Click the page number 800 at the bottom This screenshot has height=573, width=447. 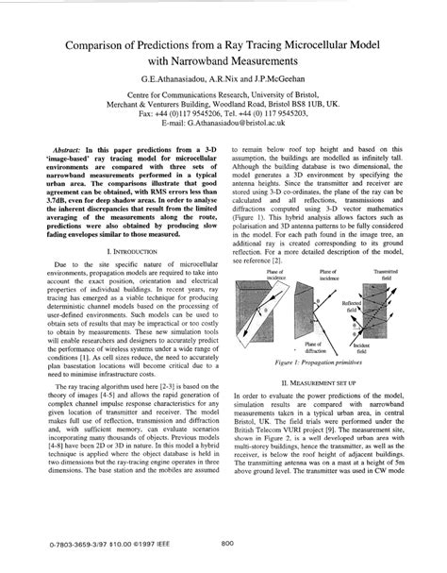pos(227,542)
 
